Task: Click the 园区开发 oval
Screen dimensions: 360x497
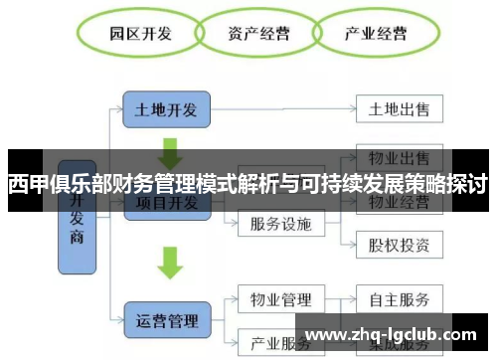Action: click(x=140, y=34)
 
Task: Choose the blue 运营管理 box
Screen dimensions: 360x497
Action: click(x=167, y=320)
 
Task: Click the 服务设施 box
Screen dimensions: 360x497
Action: click(x=282, y=224)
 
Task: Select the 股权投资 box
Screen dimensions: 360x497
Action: click(x=399, y=243)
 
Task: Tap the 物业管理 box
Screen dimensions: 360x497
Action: click(x=282, y=298)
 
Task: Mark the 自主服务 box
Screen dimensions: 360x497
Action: click(x=399, y=298)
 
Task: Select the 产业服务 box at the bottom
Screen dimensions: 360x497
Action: click(x=282, y=341)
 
